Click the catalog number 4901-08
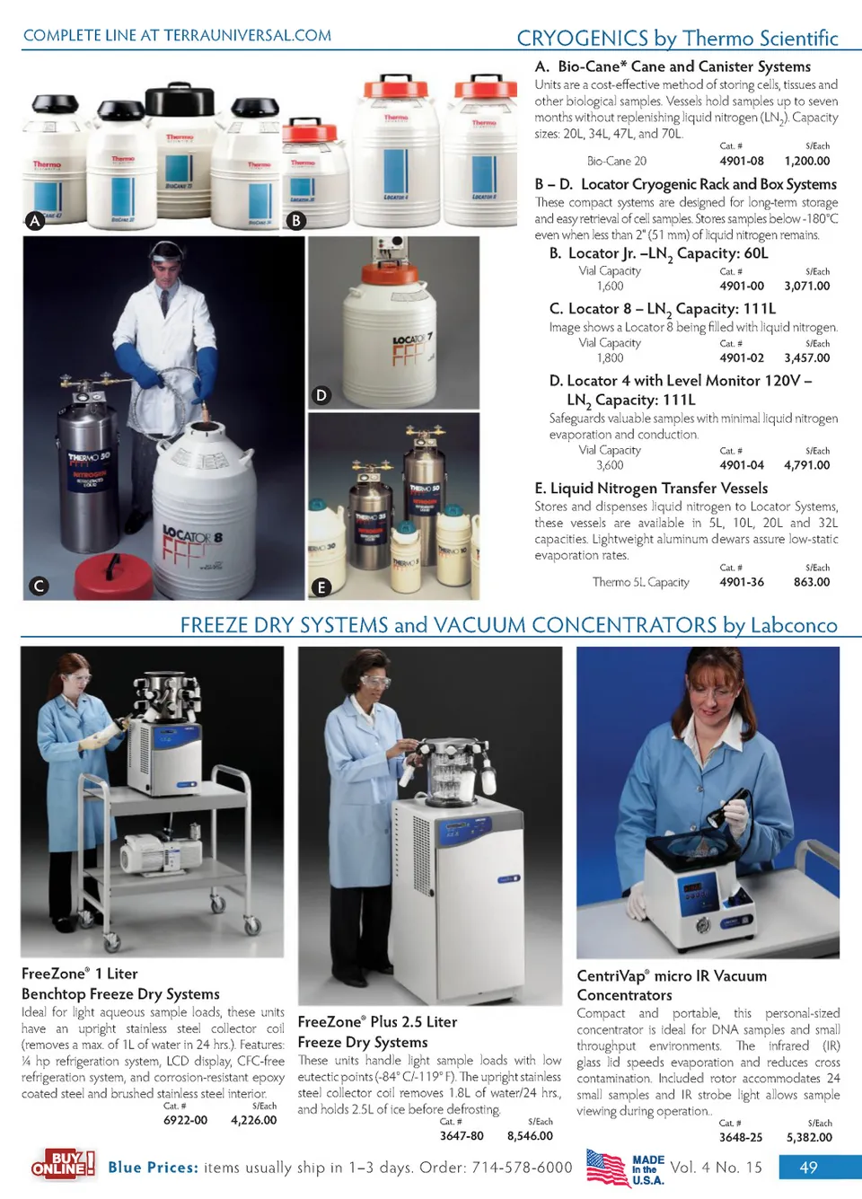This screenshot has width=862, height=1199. point(742,161)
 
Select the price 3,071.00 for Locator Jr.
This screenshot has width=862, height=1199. point(807,286)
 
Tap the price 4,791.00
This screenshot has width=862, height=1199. point(807,465)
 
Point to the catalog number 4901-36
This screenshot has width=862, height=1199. point(742,582)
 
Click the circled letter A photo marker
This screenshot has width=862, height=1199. point(35,221)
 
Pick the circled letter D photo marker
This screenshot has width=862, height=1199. point(321,395)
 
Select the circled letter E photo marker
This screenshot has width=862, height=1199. point(321,587)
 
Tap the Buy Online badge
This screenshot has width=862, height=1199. point(63,1164)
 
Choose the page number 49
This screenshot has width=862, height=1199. point(808,1168)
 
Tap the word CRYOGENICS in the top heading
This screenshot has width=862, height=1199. point(582,39)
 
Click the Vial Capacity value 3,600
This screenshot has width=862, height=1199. point(610,465)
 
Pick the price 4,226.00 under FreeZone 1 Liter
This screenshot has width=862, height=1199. point(253,1120)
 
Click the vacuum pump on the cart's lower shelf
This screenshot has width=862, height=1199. point(161,851)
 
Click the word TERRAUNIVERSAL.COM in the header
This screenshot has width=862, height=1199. point(247,35)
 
